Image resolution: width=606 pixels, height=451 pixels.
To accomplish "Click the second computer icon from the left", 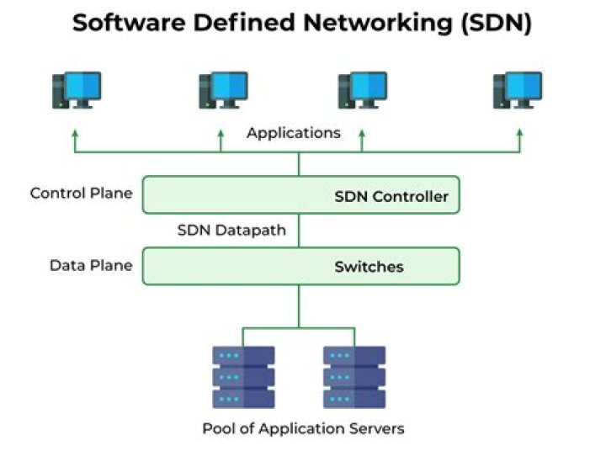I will pyautogui.click(x=222, y=90).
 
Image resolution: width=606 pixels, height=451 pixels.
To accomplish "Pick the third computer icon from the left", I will pyautogui.click(x=362, y=90).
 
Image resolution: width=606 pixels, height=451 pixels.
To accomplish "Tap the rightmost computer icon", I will pyautogui.click(x=517, y=90).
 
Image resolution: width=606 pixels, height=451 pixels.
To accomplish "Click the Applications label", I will pyautogui.click(x=294, y=133).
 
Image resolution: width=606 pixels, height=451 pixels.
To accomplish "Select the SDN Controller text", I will pyautogui.click(x=391, y=198).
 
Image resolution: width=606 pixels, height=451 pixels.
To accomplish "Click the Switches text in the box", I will pyautogui.click(x=369, y=268).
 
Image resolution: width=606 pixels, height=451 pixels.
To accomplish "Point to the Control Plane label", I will pyautogui.click(x=81, y=193).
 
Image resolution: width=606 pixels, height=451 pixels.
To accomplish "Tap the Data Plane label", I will pyautogui.click(x=91, y=265).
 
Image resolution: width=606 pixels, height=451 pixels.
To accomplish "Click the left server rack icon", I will pyautogui.click(x=243, y=376).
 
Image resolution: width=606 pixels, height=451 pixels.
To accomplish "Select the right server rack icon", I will pyautogui.click(x=354, y=376).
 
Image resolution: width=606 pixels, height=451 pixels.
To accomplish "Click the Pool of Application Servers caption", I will pyautogui.click(x=303, y=428).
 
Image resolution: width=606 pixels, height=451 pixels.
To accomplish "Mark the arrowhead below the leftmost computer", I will pyautogui.click(x=75, y=133).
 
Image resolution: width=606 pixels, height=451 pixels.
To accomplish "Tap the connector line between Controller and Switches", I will pyautogui.click(x=299, y=230).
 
